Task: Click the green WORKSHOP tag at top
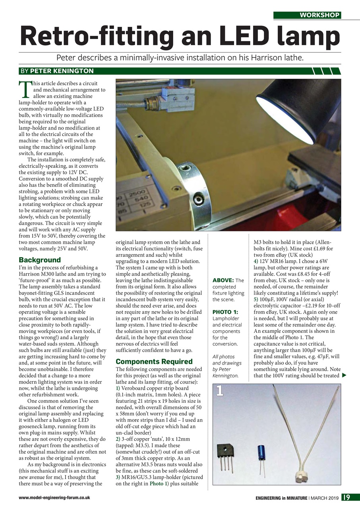(307, 15)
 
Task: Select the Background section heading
(40, 260)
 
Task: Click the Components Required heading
(148, 361)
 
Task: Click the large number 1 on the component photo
(220, 391)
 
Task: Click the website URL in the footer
(54, 497)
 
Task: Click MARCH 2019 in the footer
(324, 497)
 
